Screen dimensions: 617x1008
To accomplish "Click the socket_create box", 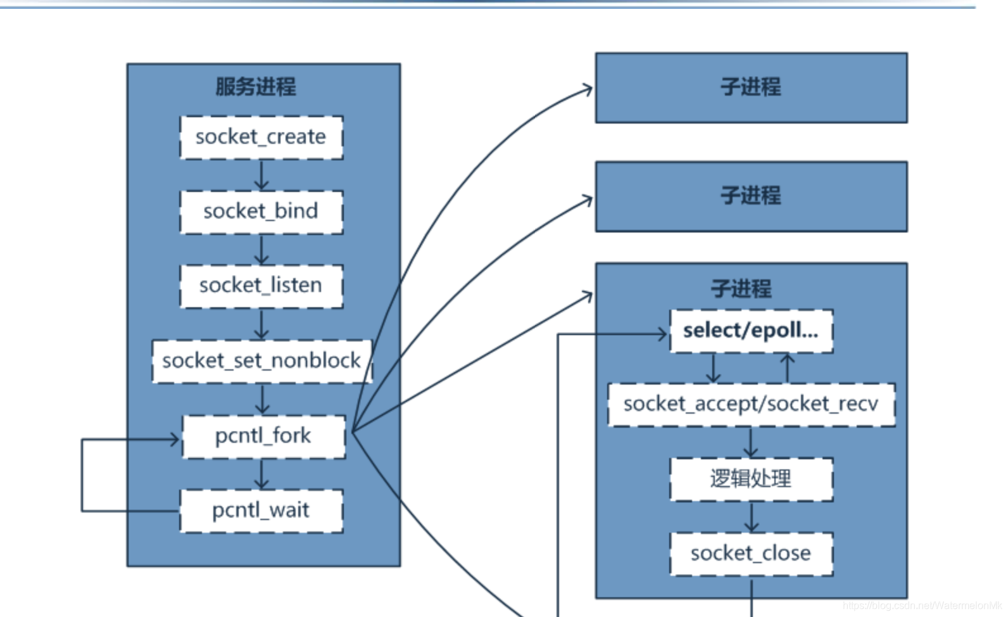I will [x=261, y=137].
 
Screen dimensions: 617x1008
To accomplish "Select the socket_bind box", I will [x=261, y=212].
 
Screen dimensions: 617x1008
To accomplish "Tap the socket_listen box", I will [x=261, y=286].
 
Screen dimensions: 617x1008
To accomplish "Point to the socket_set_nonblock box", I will [x=261, y=361].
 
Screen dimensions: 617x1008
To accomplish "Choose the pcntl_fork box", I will [x=263, y=436].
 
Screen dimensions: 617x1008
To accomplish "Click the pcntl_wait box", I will [x=261, y=511].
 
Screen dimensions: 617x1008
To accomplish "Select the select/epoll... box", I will [x=751, y=331].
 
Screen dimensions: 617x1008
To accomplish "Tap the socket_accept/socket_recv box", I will [x=751, y=404].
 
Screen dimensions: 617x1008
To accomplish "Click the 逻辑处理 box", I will [x=751, y=479].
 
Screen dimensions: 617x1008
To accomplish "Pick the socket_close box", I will [x=751, y=554].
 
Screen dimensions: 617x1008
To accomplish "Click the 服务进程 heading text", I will [x=256, y=87].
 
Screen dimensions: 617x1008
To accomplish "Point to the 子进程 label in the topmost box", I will [x=751, y=87].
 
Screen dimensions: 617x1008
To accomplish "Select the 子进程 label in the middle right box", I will [x=751, y=195].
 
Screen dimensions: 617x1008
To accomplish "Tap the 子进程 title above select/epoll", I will [x=741, y=289].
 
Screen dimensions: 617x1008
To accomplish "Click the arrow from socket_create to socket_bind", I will [x=261, y=175].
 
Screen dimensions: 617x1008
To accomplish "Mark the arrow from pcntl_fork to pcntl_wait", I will [x=261, y=474].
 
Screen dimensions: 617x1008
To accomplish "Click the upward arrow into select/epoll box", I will [x=788, y=367].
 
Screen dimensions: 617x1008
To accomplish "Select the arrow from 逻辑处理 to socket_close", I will [x=752, y=517].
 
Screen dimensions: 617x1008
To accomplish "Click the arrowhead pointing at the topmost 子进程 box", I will [x=588, y=89].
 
